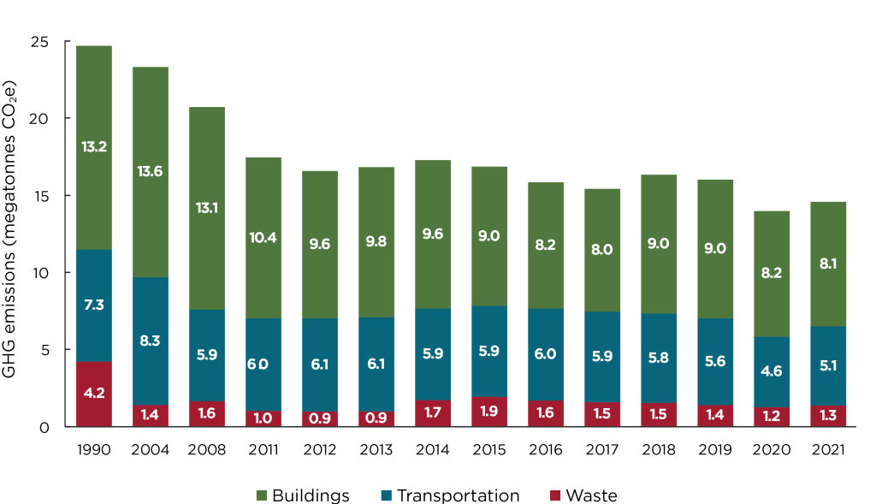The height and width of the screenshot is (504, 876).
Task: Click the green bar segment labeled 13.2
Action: click(x=94, y=147)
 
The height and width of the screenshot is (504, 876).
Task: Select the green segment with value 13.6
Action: click(x=150, y=171)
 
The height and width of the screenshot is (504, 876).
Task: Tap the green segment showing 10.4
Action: click(x=263, y=237)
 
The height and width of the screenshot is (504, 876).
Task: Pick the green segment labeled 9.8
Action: click(x=376, y=241)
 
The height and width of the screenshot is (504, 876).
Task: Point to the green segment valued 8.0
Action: click(x=602, y=249)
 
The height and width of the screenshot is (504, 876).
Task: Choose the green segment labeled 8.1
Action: click(x=828, y=264)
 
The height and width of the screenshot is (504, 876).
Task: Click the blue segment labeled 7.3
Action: click(x=94, y=305)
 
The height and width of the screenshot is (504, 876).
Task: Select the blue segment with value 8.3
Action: click(x=150, y=341)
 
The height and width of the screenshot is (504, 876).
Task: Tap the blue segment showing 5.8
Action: click(x=659, y=358)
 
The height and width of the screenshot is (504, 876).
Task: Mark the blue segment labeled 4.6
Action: click(x=772, y=371)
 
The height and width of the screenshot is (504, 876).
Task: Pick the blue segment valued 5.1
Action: click(x=828, y=365)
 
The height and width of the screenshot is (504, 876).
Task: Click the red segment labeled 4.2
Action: click(x=94, y=394)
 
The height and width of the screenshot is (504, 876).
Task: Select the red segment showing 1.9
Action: click(x=489, y=411)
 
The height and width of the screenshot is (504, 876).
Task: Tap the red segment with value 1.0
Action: click(x=263, y=418)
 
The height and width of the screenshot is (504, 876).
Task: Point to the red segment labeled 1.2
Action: click(x=772, y=417)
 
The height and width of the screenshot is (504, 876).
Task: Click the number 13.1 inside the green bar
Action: click(x=206, y=208)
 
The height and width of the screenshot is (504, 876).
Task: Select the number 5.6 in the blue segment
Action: click(x=715, y=361)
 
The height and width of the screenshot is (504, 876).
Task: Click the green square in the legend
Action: click(x=262, y=495)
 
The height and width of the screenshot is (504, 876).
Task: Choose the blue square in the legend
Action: click(x=387, y=495)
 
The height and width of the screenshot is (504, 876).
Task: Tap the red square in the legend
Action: click(x=555, y=495)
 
